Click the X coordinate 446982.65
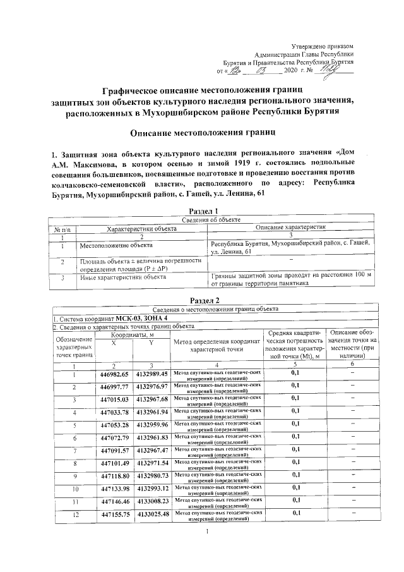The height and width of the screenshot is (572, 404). (x=115, y=374)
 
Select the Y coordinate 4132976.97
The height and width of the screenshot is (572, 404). (x=151, y=387)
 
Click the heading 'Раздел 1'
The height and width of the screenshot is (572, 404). (x=204, y=211)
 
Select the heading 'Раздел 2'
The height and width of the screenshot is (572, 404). (x=204, y=300)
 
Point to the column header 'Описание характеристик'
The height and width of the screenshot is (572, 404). (x=290, y=227)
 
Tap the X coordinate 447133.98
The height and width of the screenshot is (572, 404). (x=115, y=489)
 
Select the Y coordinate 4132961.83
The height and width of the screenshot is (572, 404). (x=151, y=437)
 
